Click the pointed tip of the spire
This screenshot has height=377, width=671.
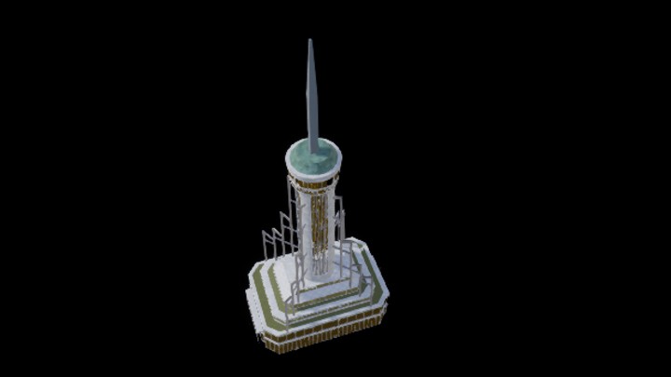pos(310,41)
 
